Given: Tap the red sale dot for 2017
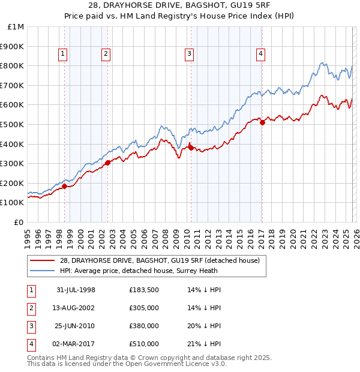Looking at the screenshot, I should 262,122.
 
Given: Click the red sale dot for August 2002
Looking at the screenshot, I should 107,163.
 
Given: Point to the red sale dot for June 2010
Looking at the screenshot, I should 191,148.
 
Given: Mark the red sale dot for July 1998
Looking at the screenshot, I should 64,186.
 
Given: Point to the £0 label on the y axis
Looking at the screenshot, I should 18,222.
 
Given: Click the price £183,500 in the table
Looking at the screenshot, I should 143,290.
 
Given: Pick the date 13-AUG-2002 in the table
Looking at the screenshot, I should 76,308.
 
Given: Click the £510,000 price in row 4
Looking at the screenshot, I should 143,344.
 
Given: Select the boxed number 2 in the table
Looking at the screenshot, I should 31,308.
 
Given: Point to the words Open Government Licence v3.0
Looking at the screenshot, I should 175,364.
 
